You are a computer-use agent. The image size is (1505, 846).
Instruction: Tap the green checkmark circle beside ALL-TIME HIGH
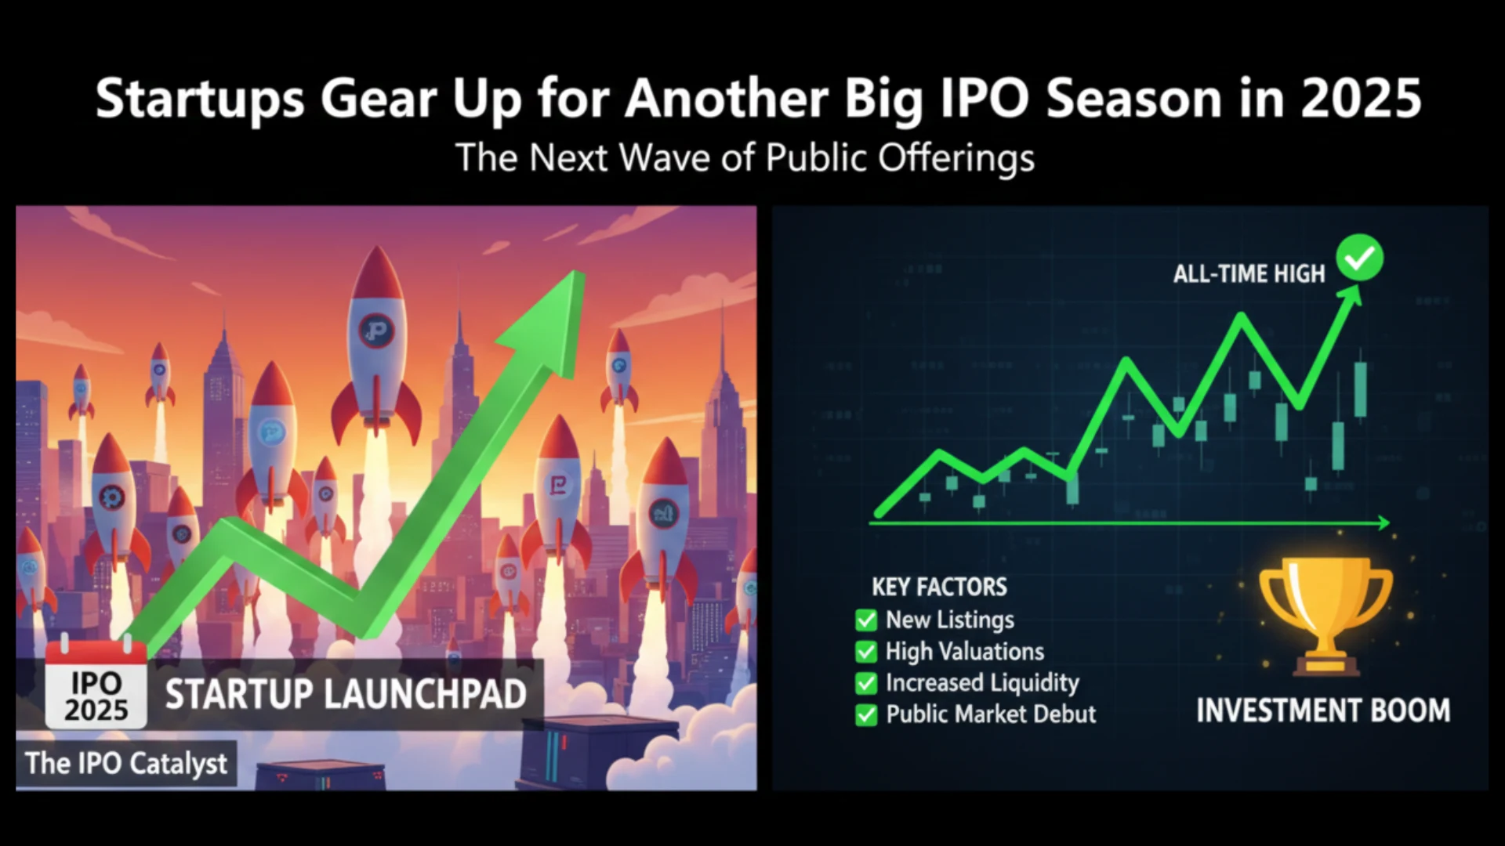click(x=1360, y=258)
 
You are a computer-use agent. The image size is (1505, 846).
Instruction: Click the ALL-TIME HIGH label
click(x=1249, y=273)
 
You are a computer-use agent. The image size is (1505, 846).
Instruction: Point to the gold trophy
click(x=1325, y=615)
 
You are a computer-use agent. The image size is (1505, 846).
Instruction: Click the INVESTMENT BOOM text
click(x=1323, y=710)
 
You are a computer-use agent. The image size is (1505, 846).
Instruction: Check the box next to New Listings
click(x=866, y=620)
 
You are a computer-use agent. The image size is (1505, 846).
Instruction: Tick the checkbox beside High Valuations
click(x=866, y=652)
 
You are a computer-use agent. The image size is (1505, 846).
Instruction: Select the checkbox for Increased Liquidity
click(x=866, y=683)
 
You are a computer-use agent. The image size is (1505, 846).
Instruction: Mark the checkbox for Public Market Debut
click(x=866, y=714)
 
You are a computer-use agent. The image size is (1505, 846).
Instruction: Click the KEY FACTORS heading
click(x=939, y=587)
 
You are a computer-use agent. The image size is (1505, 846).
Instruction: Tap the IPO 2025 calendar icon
click(x=96, y=683)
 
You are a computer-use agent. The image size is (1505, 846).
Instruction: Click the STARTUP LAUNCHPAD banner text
click(x=346, y=695)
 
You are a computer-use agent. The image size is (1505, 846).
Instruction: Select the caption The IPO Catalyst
click(x=126, y=763)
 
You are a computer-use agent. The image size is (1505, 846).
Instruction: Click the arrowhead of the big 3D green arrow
click(x=549, y=321)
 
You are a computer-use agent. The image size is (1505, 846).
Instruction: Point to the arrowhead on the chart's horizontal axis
click(x=1384, y=522)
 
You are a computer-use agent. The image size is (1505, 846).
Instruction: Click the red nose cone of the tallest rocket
click(x=378, y=274)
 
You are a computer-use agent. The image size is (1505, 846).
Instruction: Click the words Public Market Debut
click(x=991, y=714)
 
